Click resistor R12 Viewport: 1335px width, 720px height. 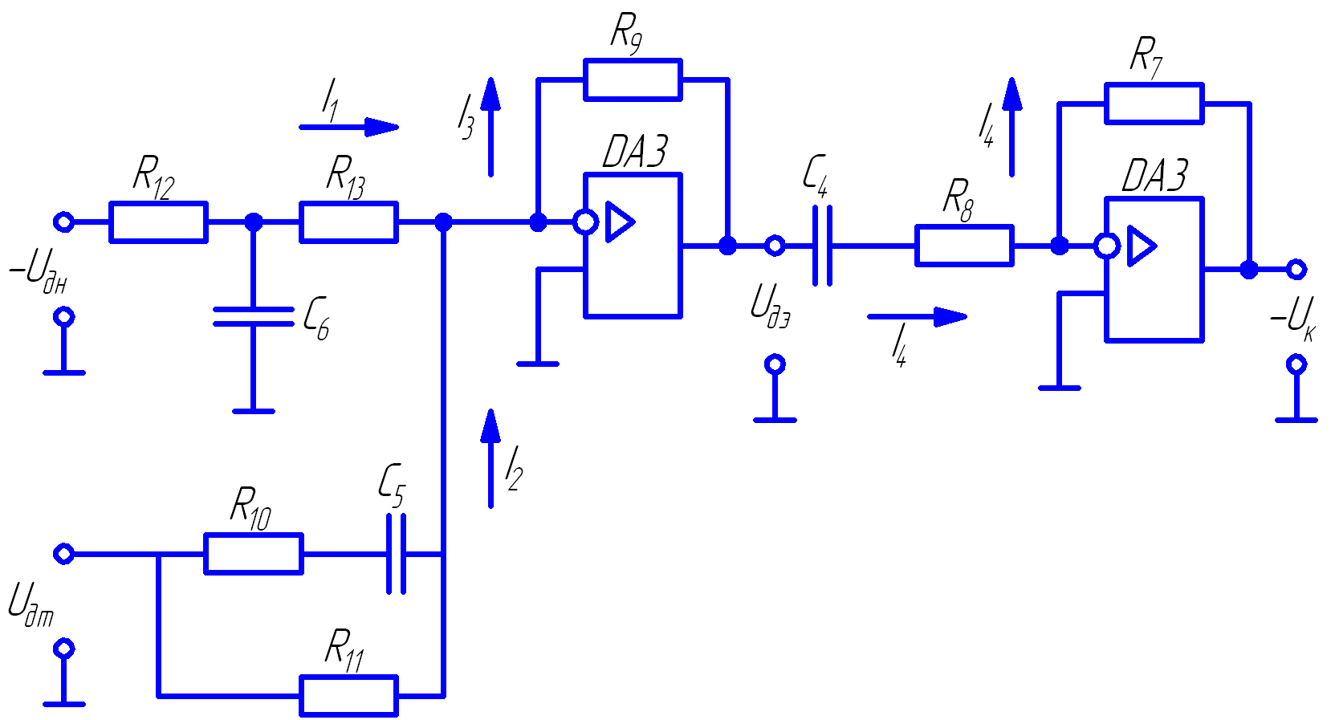click(x=158, y=222)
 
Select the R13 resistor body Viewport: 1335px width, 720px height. click(x=348, y=222)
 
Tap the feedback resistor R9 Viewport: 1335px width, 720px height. click(x=633, y=79)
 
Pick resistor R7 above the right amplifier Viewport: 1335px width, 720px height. click(x=1154, y=104)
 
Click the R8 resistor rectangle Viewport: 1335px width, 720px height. click(x=964, y=246)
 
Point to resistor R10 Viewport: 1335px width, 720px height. click(x=254, y=554)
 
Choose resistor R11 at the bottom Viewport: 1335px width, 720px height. click(x=348, y=696)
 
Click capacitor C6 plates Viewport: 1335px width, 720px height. click(x=254, y=317)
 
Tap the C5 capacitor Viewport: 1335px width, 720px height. click(x=396, y=554)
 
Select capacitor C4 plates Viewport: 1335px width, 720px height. click(x=822, y=246)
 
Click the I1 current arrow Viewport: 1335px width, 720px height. click(x=349, y=127)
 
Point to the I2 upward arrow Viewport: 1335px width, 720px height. click(x=490, y=458)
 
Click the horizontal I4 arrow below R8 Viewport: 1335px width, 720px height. click(x=918, y=316)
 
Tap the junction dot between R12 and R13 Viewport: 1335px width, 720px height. click(x=254, y=222)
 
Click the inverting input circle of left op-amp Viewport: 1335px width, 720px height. click(x=585, y=222)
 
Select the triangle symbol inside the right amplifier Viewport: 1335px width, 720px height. click(x=1141, y=246)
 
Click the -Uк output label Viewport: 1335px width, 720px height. click(x=1292, y=317)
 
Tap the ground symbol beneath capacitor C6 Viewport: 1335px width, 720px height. click(x=254, y=410)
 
